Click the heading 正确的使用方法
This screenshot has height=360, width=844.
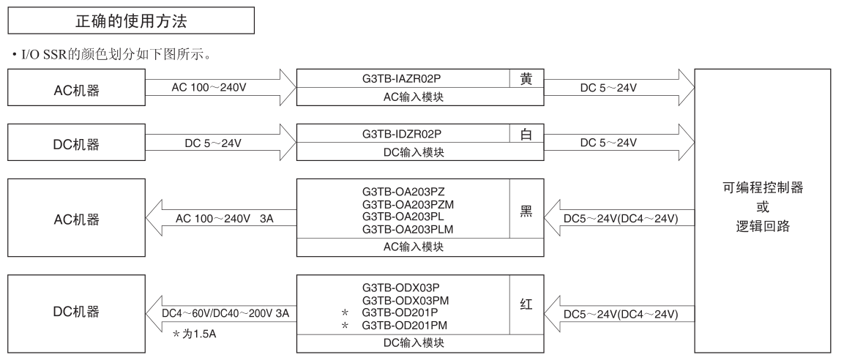point(132,22)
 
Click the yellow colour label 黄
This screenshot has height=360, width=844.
point(526,79)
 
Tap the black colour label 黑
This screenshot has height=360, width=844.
point(526,211)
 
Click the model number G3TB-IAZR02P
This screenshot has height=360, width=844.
point(403,79)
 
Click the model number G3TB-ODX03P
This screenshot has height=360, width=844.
point(400,288)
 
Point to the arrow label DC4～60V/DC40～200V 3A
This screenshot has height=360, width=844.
point(225,313)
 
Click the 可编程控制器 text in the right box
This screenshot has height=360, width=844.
point(761,188)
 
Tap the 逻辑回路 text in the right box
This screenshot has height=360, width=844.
point(761,226)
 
